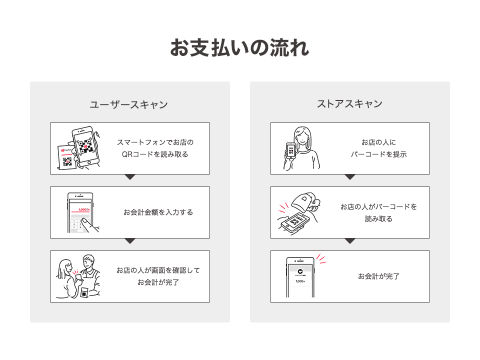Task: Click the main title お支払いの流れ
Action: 240,48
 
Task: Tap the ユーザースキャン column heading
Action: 129,105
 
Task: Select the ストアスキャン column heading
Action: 350,104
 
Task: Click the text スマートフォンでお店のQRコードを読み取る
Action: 155,148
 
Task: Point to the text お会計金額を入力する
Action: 158,212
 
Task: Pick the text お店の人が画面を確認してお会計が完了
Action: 158,276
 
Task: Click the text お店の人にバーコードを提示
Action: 379,148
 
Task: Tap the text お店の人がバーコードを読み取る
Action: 379,213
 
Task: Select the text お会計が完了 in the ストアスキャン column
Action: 379,276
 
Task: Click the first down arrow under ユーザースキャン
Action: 130,177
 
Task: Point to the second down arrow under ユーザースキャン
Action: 130,241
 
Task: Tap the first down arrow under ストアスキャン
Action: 350,177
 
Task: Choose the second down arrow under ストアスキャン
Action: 350,241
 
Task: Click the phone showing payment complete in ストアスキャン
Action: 300,277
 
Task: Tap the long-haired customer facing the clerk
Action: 67,279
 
